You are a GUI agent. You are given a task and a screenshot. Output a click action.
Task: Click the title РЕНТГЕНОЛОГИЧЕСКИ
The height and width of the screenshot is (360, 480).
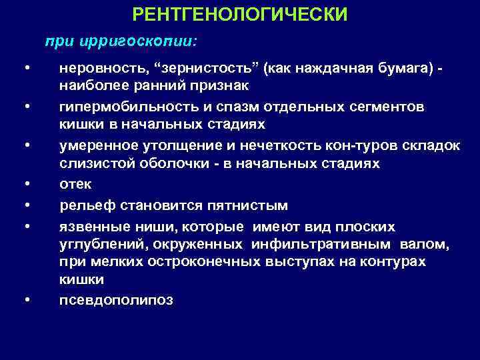point(240,14)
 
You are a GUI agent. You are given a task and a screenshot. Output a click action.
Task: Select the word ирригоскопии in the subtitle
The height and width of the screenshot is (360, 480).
point(137,41)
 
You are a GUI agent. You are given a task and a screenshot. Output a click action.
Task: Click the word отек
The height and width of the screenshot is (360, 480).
point(75,184)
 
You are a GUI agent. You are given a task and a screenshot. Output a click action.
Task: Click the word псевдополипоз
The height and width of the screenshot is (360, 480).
point(116,300)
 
